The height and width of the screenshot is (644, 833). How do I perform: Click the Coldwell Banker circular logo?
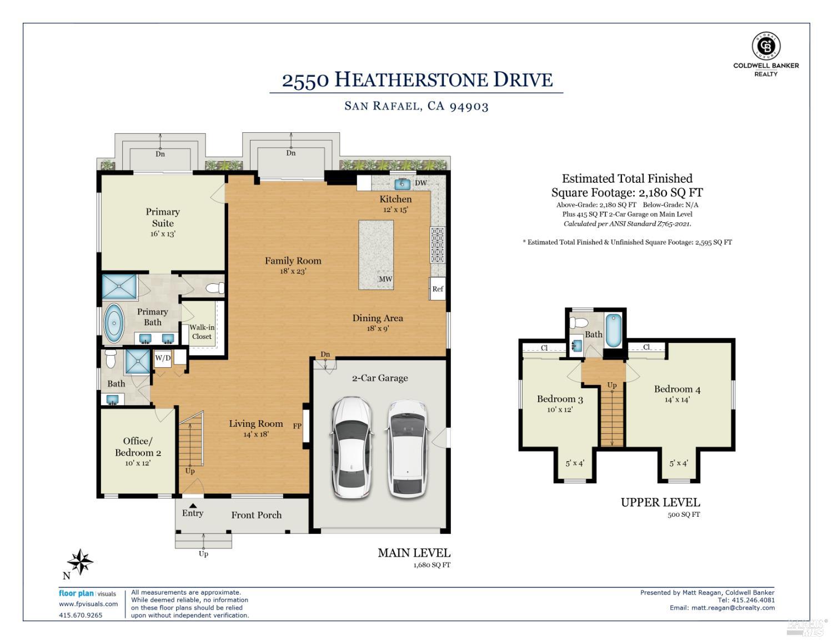point(766,46)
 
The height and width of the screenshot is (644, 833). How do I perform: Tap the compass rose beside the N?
point(81,562)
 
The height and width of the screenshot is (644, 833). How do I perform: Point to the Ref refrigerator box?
point(438,289)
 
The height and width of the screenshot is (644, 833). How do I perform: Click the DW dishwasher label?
point(420,183)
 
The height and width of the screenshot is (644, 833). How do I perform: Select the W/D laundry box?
point(163,358)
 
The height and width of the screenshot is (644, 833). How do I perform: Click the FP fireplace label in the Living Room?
point(297,426)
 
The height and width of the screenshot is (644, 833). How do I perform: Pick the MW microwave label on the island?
point(385,279)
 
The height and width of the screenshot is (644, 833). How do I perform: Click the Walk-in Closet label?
point(202,332)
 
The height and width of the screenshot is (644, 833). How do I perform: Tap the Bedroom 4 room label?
point(677,389)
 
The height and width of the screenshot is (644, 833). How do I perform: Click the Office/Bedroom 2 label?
point(138,447)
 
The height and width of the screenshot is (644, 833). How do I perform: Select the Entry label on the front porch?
point(193,513)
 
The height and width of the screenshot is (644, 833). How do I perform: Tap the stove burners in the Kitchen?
point(438,244)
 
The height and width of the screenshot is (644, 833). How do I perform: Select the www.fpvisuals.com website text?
point(88,604)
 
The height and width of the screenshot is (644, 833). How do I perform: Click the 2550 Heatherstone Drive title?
point(416,80)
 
